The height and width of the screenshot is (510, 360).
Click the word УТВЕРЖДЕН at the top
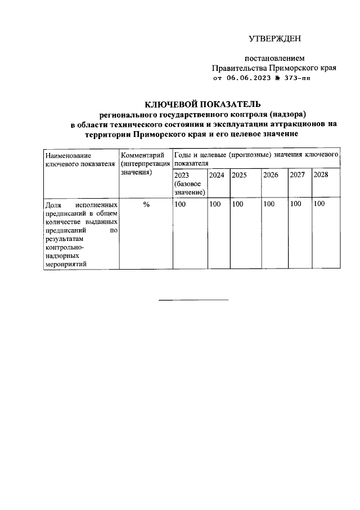click(275, 38)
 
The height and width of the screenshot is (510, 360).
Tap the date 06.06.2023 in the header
click(249, 79)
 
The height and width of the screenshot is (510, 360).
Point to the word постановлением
click(274, 58)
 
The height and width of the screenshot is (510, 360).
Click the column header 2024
click(217, 175)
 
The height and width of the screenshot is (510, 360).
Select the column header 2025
click(240, 175)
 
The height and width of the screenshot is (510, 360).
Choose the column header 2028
click(321, 175)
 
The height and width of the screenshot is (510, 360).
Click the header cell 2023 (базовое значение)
click(189, 184)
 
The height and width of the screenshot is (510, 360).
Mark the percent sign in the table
click(146, 204)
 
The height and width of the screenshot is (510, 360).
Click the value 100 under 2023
click(180, 204)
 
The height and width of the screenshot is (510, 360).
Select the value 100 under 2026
click(269, 204)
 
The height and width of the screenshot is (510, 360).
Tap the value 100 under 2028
click(319, 204)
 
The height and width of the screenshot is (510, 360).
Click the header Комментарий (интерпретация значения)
click(145, 164)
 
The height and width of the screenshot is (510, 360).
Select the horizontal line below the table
click(193, 299)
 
